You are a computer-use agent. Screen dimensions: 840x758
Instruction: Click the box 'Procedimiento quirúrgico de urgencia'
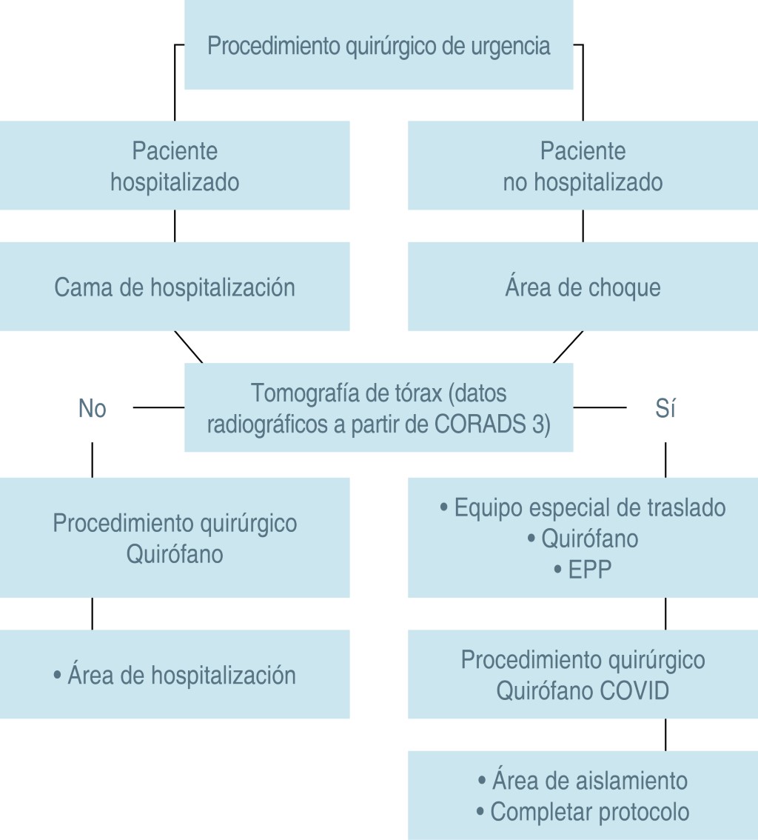tap(378, 46)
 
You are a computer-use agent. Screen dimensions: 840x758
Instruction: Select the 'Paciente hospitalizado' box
tap(175, 166)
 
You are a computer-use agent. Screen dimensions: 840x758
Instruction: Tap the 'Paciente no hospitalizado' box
tap(583, 166)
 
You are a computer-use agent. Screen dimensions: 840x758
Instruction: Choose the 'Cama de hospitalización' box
tap(175, 287)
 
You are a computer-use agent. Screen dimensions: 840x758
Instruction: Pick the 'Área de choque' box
tap(583, 287)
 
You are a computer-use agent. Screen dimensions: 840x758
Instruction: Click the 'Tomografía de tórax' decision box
tap(378, 408)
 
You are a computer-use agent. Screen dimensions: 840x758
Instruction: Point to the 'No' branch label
tap(93, 409)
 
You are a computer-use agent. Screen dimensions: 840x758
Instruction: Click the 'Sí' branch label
tap(665, 409)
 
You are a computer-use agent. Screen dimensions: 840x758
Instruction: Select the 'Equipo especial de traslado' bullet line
tap(583, 508)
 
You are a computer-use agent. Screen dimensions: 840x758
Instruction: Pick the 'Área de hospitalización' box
tap(175, 675)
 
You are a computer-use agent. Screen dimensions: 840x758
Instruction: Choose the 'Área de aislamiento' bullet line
tap(583, 781)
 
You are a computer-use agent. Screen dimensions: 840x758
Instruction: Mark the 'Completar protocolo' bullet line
tap(583, 812)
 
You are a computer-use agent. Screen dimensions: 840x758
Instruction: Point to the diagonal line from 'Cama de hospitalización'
tap(188, 347)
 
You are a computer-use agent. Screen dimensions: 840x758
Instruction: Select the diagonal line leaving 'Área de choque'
tap(568, 347)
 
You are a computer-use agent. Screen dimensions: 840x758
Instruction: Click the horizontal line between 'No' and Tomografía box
tap(158, 407)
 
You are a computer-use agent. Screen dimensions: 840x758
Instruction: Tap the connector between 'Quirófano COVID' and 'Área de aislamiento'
tap(665, 734)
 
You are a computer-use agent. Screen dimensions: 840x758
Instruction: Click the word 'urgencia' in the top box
tap(510, 46)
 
